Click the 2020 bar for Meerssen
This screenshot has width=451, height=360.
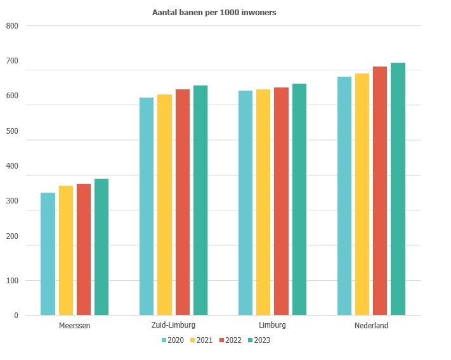(48, 254)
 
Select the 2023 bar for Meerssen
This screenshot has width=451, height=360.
(101, 247)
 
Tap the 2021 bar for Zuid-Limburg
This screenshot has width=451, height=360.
(164, 205)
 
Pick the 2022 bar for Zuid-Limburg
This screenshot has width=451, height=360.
(183, 202)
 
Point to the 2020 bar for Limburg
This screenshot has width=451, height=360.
(245, 203)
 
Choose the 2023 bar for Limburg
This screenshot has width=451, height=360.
(299, 200)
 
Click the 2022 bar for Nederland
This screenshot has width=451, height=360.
(380, 191)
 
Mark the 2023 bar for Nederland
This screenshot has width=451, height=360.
(398, 189)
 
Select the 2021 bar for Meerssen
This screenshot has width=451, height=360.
(66, 250)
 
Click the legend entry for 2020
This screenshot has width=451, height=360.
(173, 340)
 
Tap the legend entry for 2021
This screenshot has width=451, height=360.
(201, 340)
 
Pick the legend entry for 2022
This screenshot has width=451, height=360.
(230, 340)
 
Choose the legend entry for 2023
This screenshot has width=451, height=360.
(259, 340)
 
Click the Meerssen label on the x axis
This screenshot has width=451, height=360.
(74, 326)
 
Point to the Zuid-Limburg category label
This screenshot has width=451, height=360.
(173, 326)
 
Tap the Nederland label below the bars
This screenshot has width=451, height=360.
(371, 326)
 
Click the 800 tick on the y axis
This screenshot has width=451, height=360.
(13, 26)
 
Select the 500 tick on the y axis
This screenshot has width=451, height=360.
(13, 131)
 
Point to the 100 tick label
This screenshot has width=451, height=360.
(13, 280)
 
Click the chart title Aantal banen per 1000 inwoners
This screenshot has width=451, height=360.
(214, 12)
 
